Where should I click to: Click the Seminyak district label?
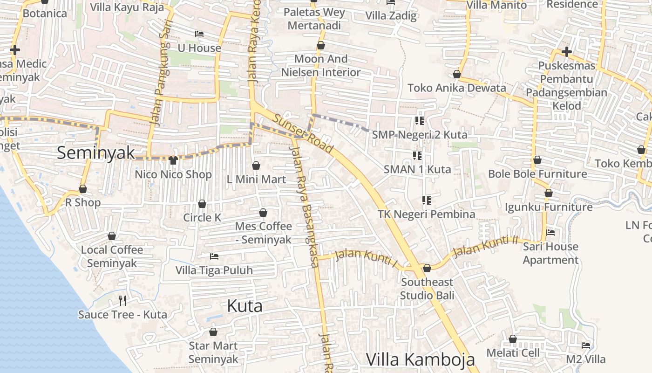(x=96, y=152)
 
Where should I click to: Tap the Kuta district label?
(x=244, y=306)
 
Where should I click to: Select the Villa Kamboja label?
(x=420, y=359)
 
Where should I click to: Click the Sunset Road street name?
(x=303, y=133)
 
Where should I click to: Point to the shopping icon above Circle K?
(x=202, y=204)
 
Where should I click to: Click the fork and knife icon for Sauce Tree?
(x=122, y=300)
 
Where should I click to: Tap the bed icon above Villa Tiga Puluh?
(x=214, y=256)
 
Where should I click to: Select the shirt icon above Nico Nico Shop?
(x=173, y=160)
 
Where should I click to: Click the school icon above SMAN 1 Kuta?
(x=417, y=155)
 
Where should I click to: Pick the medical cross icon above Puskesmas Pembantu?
(x=566, y=51)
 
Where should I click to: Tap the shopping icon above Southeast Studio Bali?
(x=427, y=268)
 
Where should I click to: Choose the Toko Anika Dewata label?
(x=456, y=88)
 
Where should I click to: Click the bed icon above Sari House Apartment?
(x=550, y=232)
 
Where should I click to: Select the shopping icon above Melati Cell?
(x=513, y=339)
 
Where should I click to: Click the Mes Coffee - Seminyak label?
(x=264, y=233)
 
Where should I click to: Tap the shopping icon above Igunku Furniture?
(x=549, y=193)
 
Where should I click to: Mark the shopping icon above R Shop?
(x=83, y=189)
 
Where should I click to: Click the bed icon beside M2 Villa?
(x=586, y=345)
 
